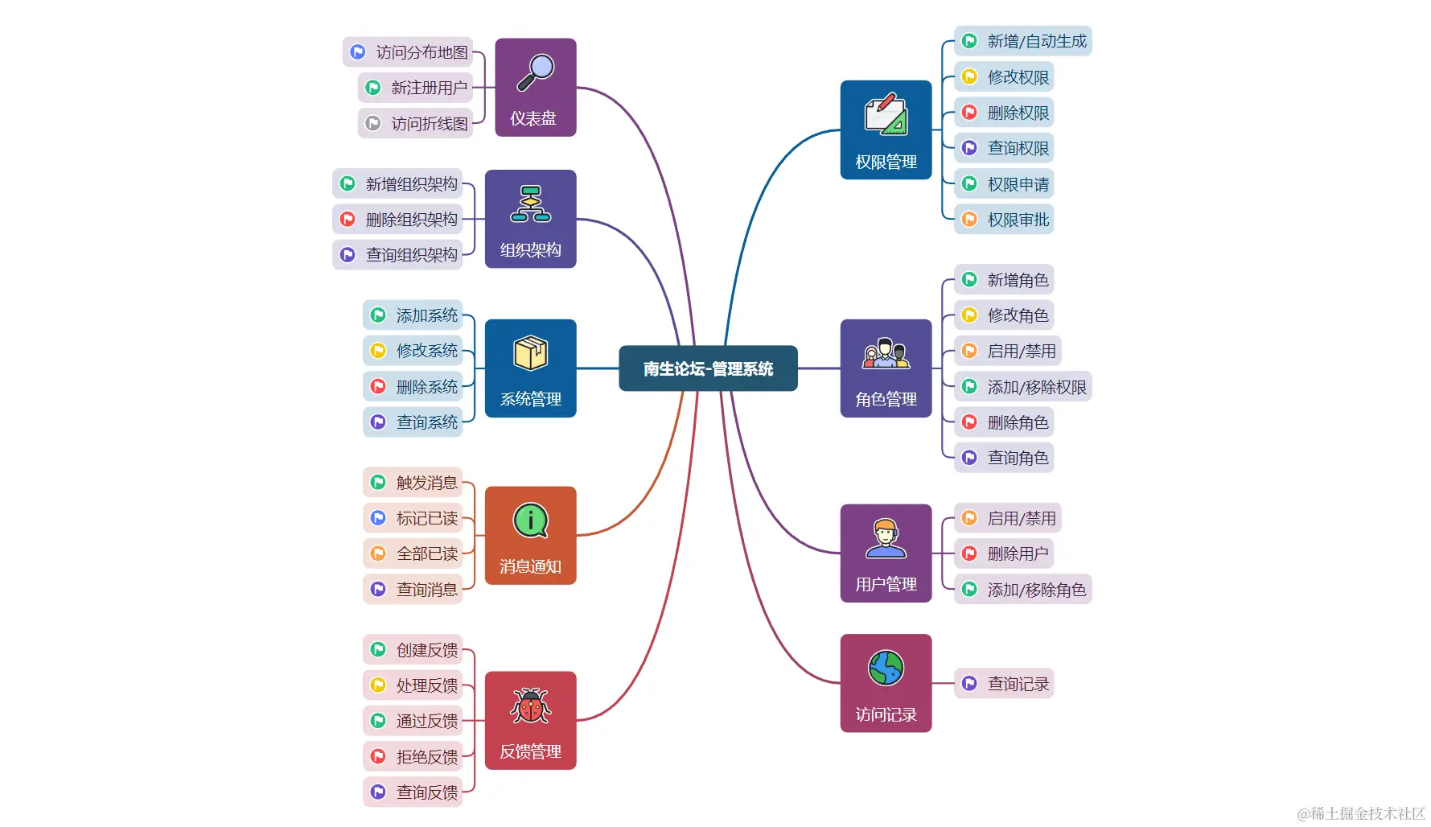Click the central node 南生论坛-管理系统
tap(708, 368)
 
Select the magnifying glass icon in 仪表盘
tap(536, 72)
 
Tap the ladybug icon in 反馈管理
tap(531, 706)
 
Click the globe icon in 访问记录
tap(886, 668)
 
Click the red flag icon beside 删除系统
tap(378, 386)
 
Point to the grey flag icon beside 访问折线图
tap(373, 123)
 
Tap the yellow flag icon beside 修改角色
tap(969, 315)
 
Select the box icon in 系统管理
tap(531, 352)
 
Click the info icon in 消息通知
tap(531, 520)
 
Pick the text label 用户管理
tap(886, 584)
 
